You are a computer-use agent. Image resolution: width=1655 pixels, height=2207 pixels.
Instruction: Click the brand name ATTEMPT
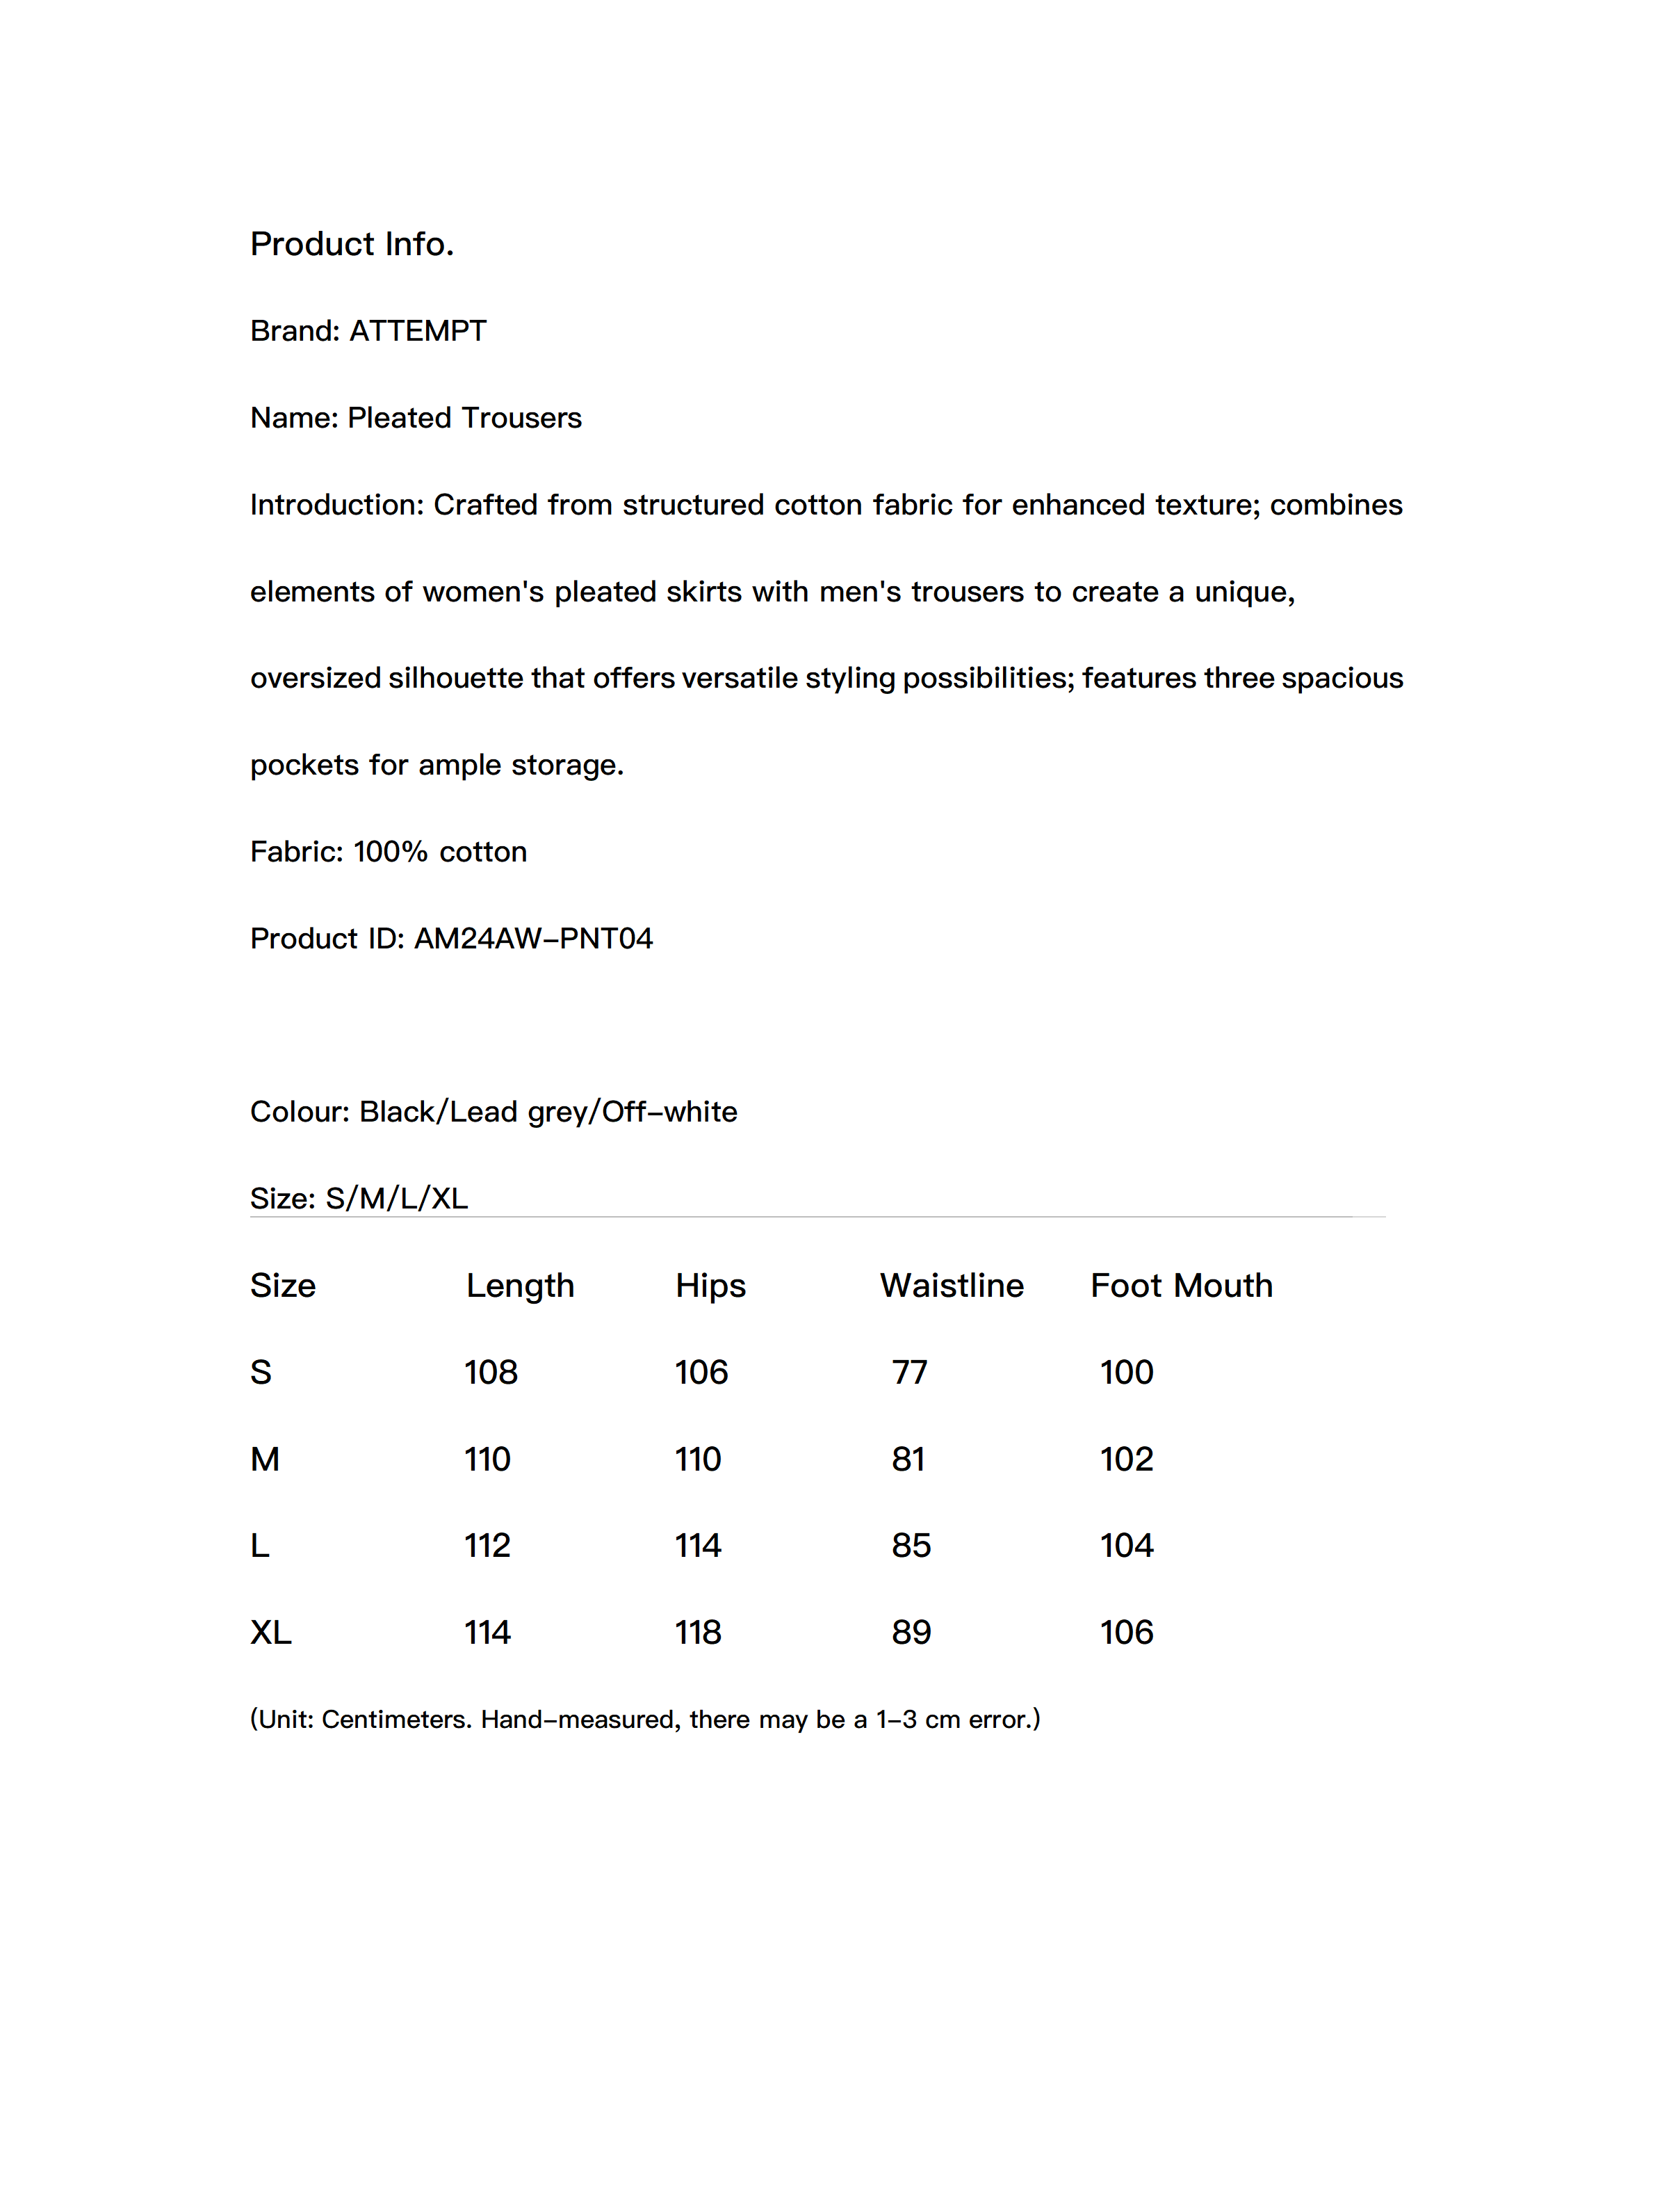click(x=417, y=331)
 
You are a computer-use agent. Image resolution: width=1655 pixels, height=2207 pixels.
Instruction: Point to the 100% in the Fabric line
click(x=390, y=852)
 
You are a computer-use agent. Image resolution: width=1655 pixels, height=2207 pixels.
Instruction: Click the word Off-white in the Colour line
click(x=669, y=1113)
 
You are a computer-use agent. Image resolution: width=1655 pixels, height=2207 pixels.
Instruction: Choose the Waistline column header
click(x=951, y=1286)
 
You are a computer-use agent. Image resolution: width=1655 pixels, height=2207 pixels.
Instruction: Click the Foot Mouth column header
click(x=1181, y=1286)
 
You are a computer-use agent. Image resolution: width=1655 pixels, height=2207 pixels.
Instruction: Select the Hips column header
click(x=710, y=1286)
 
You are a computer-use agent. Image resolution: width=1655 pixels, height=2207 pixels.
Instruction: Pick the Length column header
click(x=520, y=1286)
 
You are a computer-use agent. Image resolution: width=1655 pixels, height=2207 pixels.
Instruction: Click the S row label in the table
click(x=261, y=1373)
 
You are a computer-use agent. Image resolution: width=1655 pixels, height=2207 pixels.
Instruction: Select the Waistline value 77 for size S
click(x=908, y=1373)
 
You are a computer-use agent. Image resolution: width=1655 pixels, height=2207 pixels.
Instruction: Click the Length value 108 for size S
click(x=491, y=1373)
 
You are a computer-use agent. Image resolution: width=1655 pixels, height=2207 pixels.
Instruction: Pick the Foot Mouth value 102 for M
click(x=1126, y=1460)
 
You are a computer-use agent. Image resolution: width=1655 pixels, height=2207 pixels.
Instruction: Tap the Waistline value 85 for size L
click(x=911, y=1546)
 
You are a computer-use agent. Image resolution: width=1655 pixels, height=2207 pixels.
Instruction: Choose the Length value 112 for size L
click(x=487, y=1546)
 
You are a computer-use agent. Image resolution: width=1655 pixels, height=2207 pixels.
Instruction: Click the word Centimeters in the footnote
click(x=396, y=1720)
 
